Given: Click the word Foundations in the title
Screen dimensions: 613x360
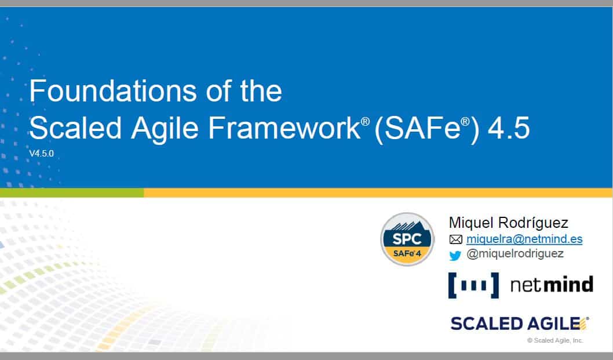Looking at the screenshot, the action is point(113,91).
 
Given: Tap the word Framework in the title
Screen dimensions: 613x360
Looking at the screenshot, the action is point(284,128).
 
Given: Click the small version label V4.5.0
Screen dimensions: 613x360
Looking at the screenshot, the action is point(42,154).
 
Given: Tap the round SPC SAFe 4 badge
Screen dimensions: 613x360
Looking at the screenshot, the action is point(407,239).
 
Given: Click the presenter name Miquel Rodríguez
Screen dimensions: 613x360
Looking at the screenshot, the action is point(508,223).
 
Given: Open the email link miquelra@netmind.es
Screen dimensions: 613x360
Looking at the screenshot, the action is point(524,239).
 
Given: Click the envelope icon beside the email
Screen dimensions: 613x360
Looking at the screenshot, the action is point(456,239).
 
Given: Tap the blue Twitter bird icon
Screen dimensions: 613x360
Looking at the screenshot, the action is point(455,256).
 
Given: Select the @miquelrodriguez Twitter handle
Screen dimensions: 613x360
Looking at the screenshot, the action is point(515,253).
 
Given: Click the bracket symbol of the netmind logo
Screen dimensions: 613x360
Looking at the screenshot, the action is point(474,285).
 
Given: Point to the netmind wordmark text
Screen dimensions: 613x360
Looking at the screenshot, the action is point(552,285).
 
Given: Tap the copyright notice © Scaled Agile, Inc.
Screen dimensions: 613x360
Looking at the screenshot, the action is point(555,340).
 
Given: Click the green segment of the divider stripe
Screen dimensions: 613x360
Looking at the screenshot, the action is point(72,192).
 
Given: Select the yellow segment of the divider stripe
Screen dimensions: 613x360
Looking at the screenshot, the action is point(378,192).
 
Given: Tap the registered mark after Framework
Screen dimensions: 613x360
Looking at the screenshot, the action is point(365,121).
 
